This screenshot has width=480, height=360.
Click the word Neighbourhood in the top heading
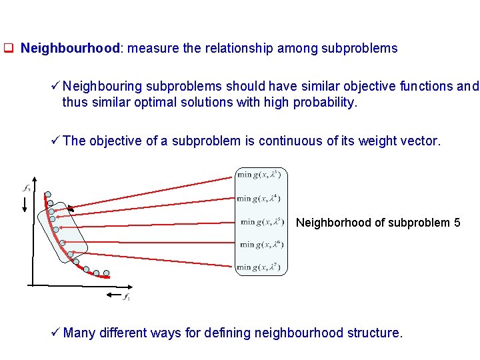click(x=71, y=49)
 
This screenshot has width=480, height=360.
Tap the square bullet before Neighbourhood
click(x=9, y=49)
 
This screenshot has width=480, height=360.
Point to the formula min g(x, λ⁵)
click(x=263, y=222)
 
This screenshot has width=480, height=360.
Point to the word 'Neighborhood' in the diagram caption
click(x=328, y=223)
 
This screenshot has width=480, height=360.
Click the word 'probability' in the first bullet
click(x=326, y=103)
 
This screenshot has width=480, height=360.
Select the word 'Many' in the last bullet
click(x=79, y=333)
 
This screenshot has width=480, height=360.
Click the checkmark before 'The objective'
click(x=55, y=141)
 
